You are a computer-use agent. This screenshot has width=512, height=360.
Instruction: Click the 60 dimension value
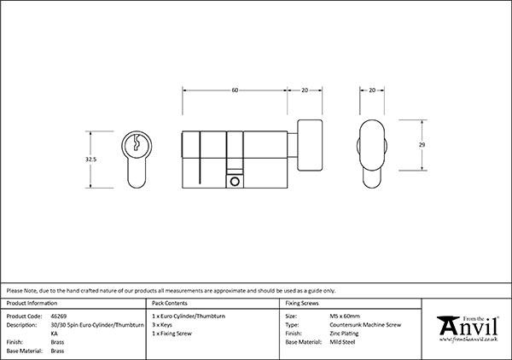pyautogui.click(x=235, y=90)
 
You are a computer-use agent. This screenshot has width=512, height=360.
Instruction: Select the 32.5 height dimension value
pyautogui.click(x=90, y=160)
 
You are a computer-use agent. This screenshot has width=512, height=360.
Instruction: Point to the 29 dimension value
pyautogui.click(x=422, y=144)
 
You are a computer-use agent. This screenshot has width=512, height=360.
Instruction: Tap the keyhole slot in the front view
pyautogui.click(x=137, y=142)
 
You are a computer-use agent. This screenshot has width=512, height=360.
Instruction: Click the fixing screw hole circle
pyautogui.click(x=235, y=182)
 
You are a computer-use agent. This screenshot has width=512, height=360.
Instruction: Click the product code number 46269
pyautogui.click(x=59, y=316)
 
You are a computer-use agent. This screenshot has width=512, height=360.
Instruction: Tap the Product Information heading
pyautogui.click(x=32, y=303)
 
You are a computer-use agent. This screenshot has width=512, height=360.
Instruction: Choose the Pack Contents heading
pyautogui.click(x=170, y=303)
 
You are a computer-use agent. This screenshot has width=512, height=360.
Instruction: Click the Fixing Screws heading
pyautogui.click(x=302, y=303)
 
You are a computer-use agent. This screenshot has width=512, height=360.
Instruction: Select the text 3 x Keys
pyautogui.click(x=162, y=325)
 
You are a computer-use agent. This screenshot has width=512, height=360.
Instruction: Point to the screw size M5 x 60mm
pyautogui.click(x=345, y=316)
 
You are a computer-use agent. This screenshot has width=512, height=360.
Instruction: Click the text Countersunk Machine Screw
pyautogui.click(x=365, y=325)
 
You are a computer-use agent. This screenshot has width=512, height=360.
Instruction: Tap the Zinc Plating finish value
pyautogui.click(x=344, y=334)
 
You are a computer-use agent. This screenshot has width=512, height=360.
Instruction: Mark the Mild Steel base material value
pyautogui.click(x=342, y=342)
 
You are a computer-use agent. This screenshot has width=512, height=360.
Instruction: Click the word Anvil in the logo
pyautogui.click(x=468, y=327)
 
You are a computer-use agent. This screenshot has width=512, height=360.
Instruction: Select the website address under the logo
pyautogui.click(x=468, y=340)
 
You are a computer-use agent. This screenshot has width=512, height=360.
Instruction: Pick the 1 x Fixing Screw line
pyautogui.click(x=172, y=334)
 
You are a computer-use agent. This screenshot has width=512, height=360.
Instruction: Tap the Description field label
pyautogui.click(x=21, y=325)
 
